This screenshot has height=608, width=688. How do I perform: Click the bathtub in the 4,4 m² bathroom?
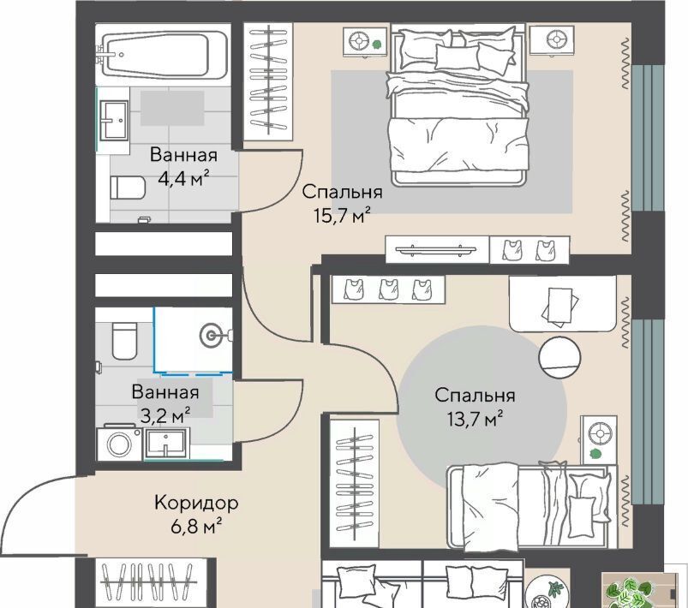[x=165, y=56]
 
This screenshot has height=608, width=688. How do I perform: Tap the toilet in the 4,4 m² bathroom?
[x=128, y=188]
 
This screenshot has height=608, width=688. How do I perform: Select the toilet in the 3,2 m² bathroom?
[x=124, y=341]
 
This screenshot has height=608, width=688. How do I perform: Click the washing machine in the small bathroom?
[x=119, y=443]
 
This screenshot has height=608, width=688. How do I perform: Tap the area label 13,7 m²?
[x=475, y=419]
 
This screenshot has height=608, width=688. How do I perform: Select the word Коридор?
[x=196, y=503]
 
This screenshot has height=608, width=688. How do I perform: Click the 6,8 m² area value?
[x=195, y=526]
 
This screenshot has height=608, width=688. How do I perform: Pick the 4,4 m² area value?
[x=183, y=178]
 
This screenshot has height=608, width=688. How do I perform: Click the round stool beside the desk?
[x=559, y=357]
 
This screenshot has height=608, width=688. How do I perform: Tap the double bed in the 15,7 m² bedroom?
[x=459, y=105]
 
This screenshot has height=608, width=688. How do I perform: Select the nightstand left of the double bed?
[x=365, y=42]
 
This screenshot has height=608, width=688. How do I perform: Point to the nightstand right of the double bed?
[x=552, y=40]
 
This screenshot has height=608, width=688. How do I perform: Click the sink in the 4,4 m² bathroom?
[x=114, y=120]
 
